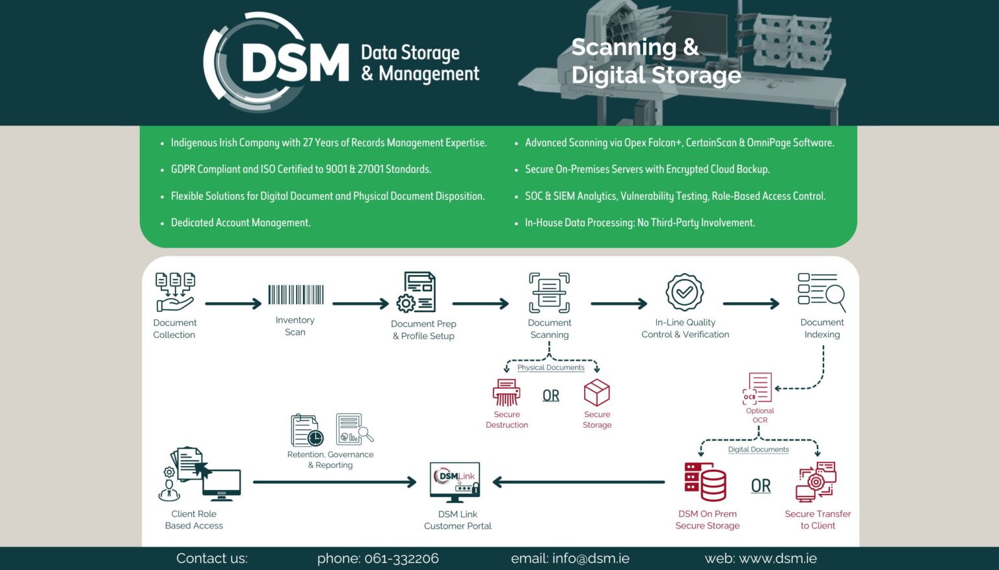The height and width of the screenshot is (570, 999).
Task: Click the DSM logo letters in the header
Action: (295, 63)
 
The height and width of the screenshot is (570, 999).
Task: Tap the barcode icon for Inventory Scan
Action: (296, 294)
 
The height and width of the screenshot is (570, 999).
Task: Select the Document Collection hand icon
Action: (174, 292)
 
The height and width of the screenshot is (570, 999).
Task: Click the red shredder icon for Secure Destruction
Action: (506, 393)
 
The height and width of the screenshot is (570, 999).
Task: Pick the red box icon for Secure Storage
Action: (596, 393)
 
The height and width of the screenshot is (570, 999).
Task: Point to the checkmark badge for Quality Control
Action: (684, 292)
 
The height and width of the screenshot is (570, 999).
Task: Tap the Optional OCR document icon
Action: (758, 388)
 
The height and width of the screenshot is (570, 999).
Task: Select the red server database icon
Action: (705, 482)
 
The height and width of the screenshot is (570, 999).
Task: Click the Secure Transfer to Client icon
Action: (816, 482)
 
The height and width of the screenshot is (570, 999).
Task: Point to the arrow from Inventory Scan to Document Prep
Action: (360, 304)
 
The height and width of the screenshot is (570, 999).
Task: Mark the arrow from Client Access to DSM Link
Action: (334, 482)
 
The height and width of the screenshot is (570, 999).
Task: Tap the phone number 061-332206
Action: (401, 558)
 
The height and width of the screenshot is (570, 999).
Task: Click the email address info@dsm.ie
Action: (591, 558)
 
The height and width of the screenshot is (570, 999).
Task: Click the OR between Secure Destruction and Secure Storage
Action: (551, 395)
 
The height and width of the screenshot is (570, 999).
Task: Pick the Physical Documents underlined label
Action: (551, 368)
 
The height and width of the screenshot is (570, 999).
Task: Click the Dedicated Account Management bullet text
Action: (241, 223)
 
